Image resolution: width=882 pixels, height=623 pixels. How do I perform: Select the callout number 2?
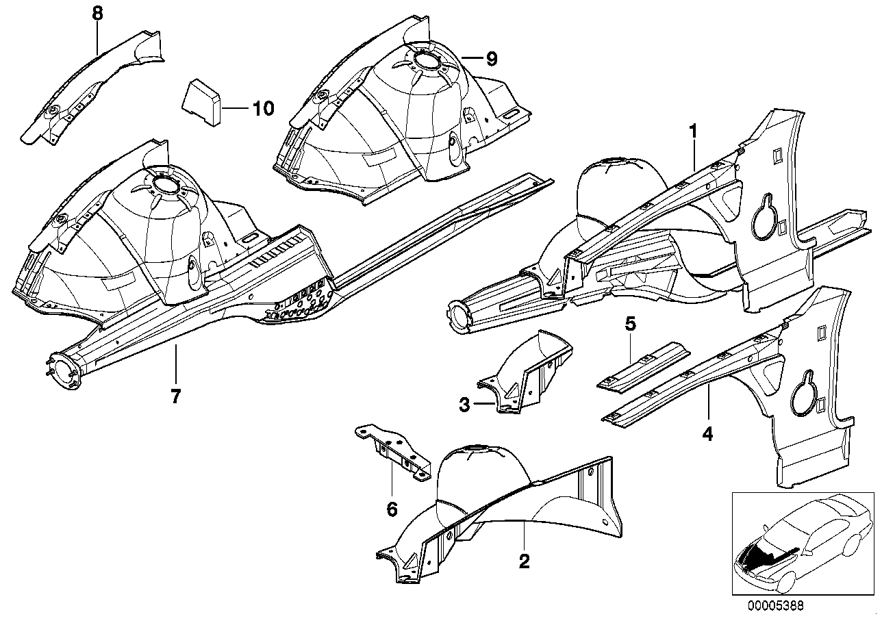click(524, 561)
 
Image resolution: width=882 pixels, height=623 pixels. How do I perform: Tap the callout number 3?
click(464, 405)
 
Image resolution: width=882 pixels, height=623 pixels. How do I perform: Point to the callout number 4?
click(707, 433)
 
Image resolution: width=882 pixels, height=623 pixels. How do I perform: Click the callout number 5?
click(631, 324)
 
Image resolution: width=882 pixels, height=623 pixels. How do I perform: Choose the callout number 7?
click(175, 396)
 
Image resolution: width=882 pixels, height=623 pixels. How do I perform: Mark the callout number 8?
click(97, 12)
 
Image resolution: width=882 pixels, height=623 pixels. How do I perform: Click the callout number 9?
click(490, 59)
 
